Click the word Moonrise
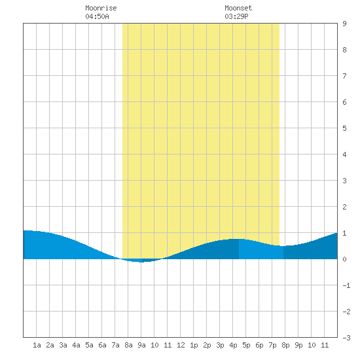(x=101, y=8)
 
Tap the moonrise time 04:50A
(x=97, y=16)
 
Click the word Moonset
(x=238, y=8)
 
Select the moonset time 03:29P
(x=236, y=16)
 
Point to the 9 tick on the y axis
(x=344, y=24)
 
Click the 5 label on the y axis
(x=344, y=128)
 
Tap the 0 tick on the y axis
(x=344, y=259)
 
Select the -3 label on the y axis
(x=346, y=338)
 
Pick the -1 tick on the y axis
(x=346, y=285)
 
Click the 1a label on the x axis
(x=37, y=345)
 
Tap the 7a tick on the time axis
(x=115, y=345)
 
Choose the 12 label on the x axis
(x=181, y=345)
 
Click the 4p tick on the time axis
(x=233, y=345)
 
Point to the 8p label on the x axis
(x=285, y=345)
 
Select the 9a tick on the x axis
(x=141, y=345)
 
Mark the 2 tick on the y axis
(x=344, y=207)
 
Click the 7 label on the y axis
(x=344, y=76)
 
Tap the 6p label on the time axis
(x=259, y=345)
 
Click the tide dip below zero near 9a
(x=141, y=261)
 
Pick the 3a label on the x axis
(x=63, y=345)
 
